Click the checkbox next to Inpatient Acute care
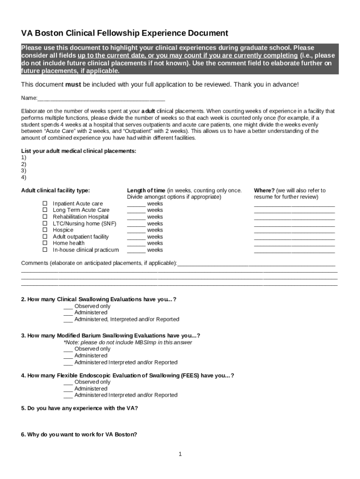(x=45, y=203)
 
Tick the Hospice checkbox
(x=45, y=230)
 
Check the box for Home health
(x=45, y=243)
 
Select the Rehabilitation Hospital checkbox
(x=45, y=217)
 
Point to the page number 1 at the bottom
(x=180, y=454)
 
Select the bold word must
(x=72, y=85)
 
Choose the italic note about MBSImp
(x=128, y=342)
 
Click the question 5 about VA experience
(x=79, y=408)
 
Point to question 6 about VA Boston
(x=79, y=435)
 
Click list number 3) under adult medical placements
(x=24, y=171)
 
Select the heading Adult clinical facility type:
(x=56, y=190)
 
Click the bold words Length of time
(x=146, y=190)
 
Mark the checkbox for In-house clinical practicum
(x=45, y=250)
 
